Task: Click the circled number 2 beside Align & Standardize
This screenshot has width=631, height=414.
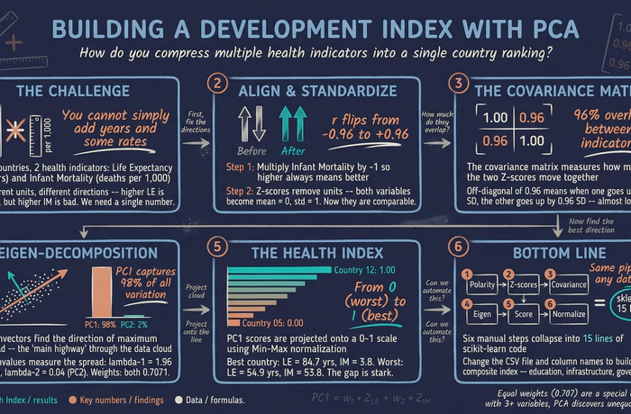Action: click(216, 85)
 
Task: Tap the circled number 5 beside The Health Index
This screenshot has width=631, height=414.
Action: click(216, 244)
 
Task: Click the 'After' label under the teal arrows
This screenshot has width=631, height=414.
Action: click(292, 152)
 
